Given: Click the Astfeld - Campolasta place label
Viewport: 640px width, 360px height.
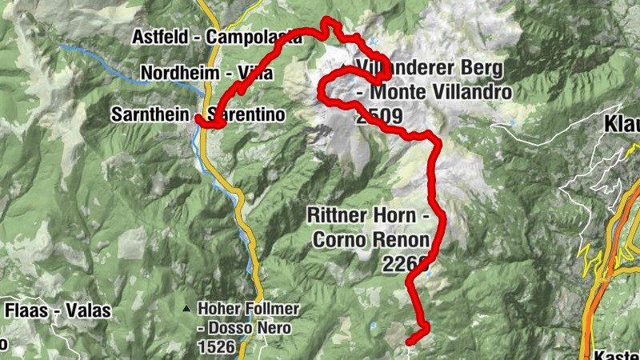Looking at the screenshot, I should click(x=222, y=37).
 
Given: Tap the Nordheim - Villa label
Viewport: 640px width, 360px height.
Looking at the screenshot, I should click(x=207, y=74).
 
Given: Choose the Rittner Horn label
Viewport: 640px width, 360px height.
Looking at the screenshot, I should click(x=369, y=216).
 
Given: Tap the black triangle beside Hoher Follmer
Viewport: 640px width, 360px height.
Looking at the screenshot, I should click(x=186, y=307).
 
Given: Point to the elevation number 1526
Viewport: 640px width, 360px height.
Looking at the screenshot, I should click(x=218, y=347).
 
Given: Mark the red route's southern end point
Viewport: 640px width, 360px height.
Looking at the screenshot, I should click(x=410, y=342).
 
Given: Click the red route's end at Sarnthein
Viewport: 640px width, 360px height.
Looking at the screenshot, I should click(x=197, y=118).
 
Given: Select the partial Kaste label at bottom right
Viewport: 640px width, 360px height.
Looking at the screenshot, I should click(x=617, y=354).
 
